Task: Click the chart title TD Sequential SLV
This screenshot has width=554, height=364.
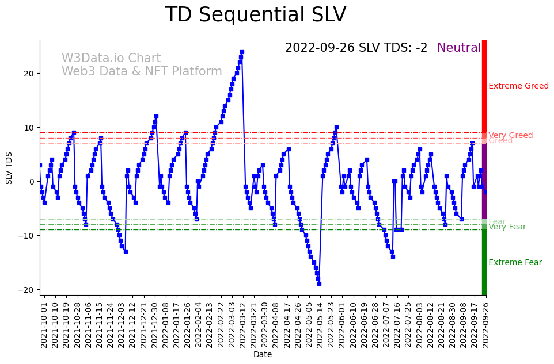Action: (256, 15)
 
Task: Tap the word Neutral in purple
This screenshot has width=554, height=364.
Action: (458, 48)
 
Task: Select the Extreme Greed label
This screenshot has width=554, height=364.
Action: (518, 86)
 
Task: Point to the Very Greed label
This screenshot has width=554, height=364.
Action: (510, 136)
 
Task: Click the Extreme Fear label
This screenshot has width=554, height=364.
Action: (515, 263)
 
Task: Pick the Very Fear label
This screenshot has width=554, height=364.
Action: (507, 227)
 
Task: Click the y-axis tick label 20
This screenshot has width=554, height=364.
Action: (29, 74)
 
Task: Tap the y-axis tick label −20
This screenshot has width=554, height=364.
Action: (26, 290)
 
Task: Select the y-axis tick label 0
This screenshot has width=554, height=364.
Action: (32, 182)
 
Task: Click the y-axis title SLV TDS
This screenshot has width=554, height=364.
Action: (9, 167)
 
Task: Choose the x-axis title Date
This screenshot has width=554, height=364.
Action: (263, 355)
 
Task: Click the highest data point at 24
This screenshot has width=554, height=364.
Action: (242, 52)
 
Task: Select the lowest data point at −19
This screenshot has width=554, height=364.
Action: (319, 283)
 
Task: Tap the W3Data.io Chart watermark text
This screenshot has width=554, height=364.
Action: (111, 59)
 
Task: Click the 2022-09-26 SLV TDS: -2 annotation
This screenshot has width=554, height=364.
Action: (356, 48)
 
